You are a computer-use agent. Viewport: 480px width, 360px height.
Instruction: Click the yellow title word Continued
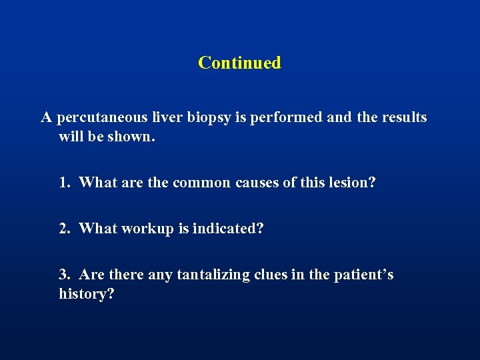(x=239, y=63)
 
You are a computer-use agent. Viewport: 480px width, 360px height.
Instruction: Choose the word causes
(x=259, y=183)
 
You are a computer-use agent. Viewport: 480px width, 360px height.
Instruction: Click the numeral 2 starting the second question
(x=64, y=229)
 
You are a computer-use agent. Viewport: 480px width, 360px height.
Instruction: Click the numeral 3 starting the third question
(x=64, y=275)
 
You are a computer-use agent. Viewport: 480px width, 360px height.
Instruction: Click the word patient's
(x=366, y=275)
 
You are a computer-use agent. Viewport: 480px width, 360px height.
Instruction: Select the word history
(x=83, y=294)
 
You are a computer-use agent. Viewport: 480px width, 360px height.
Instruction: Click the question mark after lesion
(x=371, y=183)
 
